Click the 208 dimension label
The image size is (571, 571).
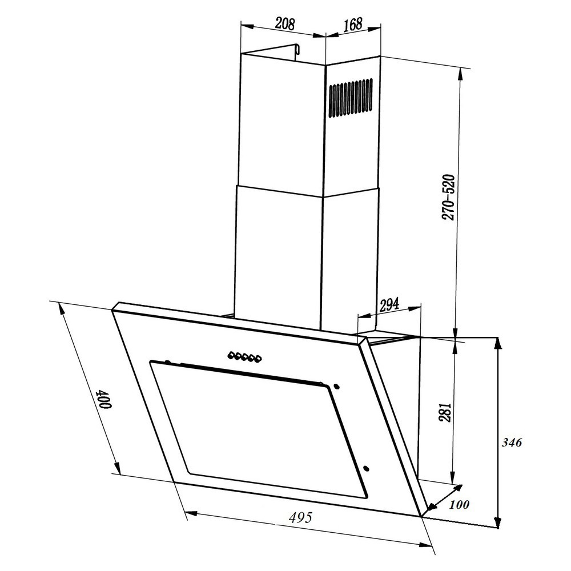pos(284,23)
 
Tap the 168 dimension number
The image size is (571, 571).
pos(353,24)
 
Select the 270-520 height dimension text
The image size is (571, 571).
pos(448,198)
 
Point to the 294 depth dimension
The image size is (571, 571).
pos(389,304)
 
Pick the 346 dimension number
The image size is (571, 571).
pos(512,443)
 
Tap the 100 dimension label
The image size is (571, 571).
pos(459,504)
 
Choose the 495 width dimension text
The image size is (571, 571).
pos(301,517)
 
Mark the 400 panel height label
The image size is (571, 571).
pos(104,400)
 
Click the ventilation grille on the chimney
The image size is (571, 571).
pos(351,98)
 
